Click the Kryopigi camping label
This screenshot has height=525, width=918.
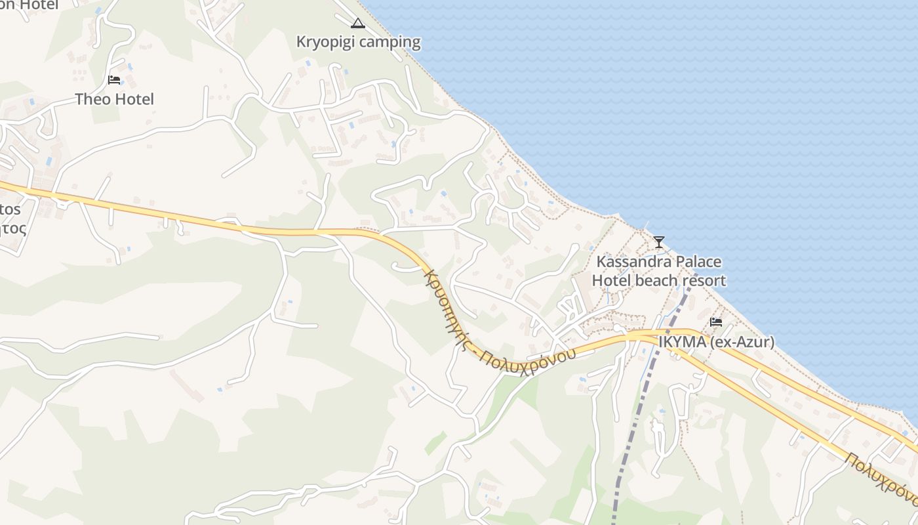pos(358,42)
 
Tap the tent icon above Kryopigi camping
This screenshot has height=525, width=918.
pos(357,24)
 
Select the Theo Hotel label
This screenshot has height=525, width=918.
pos(114,99)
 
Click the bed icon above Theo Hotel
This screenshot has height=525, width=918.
pos(114,80)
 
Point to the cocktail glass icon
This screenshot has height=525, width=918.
pos(659,242)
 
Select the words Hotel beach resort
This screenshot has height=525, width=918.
pos(659,281)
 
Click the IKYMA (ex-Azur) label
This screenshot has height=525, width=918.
pos(716,342)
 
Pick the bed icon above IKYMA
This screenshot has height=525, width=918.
pos(716,322)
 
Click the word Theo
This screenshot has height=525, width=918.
pos(92,99)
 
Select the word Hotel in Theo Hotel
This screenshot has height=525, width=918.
pos(134,99)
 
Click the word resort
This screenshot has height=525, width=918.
pos(704,281)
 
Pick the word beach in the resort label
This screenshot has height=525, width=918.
pos(657,281)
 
